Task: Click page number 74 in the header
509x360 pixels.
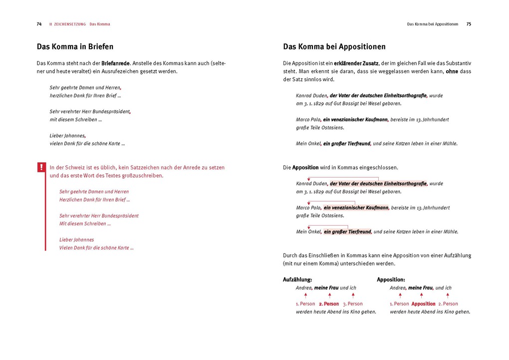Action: pos(39,24)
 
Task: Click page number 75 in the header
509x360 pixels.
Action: pos(469,24)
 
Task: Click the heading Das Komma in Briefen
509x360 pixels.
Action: pos(75,47)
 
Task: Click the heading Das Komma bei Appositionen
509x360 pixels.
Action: pos(334,47)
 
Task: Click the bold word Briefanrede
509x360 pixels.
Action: pos(115,63)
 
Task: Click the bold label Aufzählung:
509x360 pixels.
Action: pos(297,280)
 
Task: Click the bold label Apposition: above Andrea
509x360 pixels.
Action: pos(391,280)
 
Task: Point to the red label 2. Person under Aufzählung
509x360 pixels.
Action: pos(329,304)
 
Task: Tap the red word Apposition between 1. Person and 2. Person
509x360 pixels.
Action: pos(423,304)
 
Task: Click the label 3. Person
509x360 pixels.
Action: pos(353,304)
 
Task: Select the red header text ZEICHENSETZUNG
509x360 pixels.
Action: pos(69,24)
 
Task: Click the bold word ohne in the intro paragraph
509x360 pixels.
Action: pos(452,71)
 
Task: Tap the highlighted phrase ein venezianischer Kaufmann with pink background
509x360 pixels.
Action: pos(356,208)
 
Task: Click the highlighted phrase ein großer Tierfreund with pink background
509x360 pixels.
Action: pos(347,232)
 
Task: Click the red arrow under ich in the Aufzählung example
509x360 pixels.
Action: pos(353,296)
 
